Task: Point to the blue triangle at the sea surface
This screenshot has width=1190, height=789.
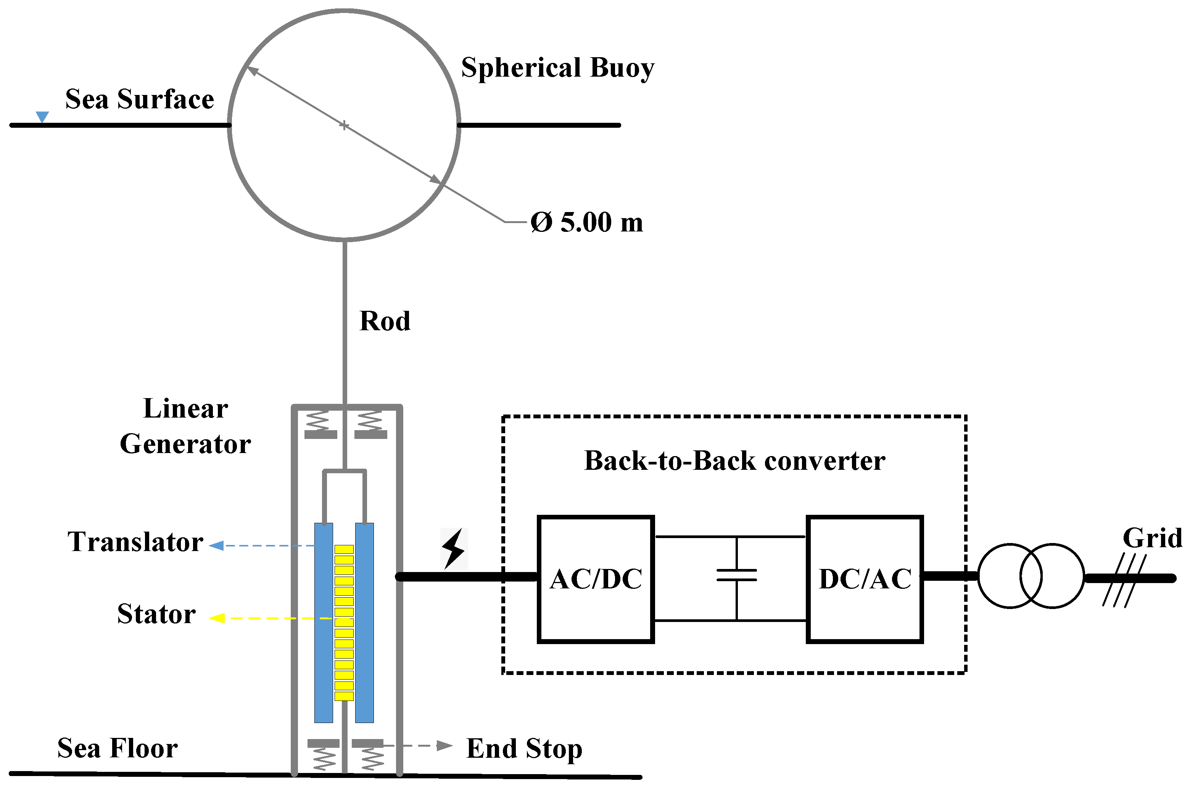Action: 42,117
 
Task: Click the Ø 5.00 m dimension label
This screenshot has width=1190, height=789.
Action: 586,222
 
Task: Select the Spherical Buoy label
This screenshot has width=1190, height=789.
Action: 557,67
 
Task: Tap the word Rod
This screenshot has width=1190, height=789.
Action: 385,321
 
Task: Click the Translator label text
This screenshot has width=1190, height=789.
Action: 135,542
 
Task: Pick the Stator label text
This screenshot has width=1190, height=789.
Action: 156,614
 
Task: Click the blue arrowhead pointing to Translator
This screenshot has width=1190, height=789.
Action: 216,545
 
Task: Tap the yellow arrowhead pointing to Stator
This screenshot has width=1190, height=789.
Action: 216,618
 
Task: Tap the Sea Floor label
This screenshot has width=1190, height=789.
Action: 117,748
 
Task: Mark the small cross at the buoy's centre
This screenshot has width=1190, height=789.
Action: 344,125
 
